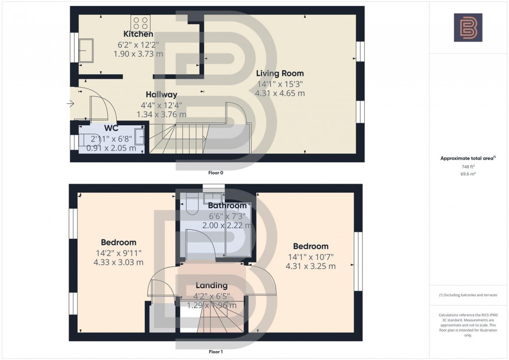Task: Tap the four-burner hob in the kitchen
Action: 140,23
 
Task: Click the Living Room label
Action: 279,73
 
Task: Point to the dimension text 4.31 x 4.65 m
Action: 279,93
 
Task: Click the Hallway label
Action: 161,94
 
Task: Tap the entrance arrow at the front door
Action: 70,104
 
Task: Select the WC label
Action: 111,128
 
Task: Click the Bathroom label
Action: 227,206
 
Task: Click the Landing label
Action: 211,286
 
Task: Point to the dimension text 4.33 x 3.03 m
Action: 119,262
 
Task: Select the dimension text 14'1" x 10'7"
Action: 310,257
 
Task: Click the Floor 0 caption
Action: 216,173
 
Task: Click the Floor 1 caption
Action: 216,352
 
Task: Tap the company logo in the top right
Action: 468,27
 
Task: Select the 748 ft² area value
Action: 468,167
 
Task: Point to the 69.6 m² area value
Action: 468,174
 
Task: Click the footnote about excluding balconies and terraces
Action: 468,295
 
